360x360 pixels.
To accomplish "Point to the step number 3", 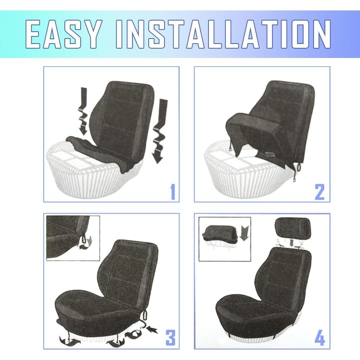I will click(170, 338).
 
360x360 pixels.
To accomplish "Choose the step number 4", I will click(319, 338).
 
